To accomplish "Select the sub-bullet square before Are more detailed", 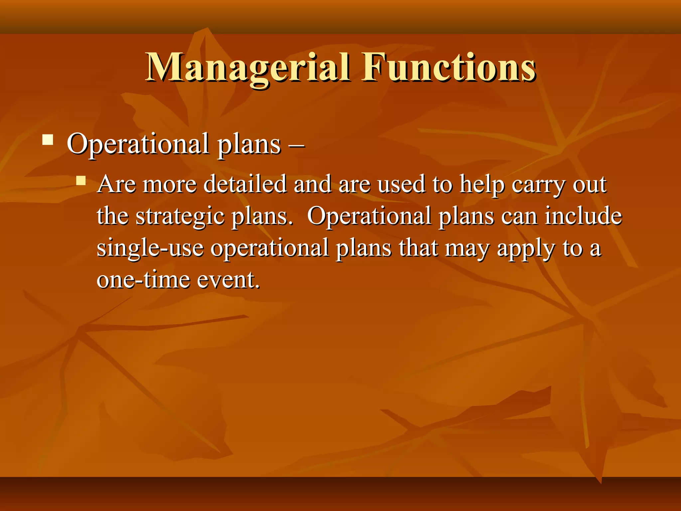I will pos(81,181).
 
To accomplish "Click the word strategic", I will pos(180,216).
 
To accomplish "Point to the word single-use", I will pos(150,248).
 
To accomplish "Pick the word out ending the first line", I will pos(589,184).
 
